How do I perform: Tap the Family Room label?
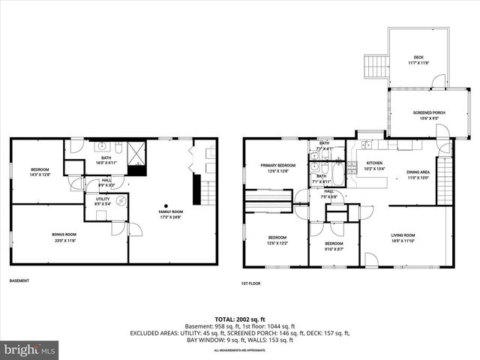point(171,214)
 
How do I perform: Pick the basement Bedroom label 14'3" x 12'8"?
point(40,172)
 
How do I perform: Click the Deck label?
point(418,59)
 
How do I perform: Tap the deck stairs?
point(375,67)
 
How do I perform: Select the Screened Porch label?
point(429,115)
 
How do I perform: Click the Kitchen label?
point(374,166)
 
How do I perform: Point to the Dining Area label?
point(417,175)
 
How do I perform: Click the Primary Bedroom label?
point(278,168)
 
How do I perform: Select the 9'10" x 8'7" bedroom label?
point(334,246)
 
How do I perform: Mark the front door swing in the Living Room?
point(370,260)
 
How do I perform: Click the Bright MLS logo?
point(30,349)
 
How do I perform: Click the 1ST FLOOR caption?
point(250,283)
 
